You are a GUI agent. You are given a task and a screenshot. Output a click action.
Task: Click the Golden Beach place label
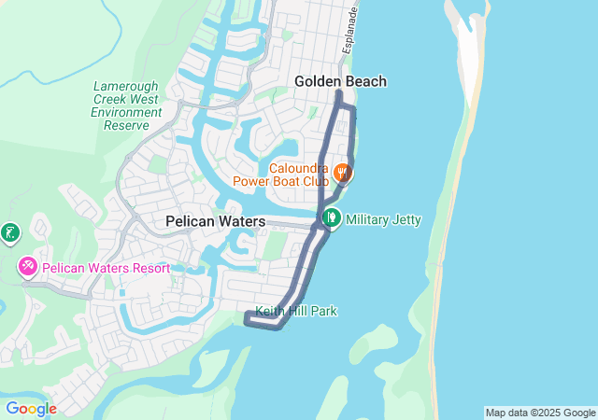pyautogui.click(x=340, y=81)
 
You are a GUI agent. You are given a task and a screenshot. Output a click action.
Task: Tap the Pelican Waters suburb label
pyautogui.click(x=215, y=221)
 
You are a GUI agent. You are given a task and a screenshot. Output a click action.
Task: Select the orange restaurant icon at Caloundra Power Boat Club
pyautogui.click(x=343, y=173)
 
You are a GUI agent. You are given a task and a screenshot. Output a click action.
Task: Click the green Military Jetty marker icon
pyautogui.click(x=331, y=219)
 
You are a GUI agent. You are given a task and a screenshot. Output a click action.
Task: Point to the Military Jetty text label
pyautogui.click(x=383, y=220)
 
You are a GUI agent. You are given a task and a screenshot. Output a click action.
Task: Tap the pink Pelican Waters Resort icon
pyautogui.click(x=28, y=268)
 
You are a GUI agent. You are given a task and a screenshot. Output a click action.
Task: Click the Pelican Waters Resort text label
pyautogui.click(x=106, y=268)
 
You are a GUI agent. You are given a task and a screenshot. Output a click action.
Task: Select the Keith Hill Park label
pyautogui.click(x=296, y=311)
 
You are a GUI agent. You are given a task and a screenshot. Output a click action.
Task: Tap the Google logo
pyautogui.click(x=31, y=408)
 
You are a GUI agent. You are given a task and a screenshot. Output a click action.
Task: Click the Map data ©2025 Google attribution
pyautogui.click(x=540, y=413)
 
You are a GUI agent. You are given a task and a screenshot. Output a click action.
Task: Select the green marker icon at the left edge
pyautogui.click(x=8, y=231)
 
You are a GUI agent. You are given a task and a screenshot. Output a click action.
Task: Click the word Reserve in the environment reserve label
pyautogui.click(x=126, y=125)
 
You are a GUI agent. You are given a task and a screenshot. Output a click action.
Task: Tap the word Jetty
pyautogui.click(x=405, y=220)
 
